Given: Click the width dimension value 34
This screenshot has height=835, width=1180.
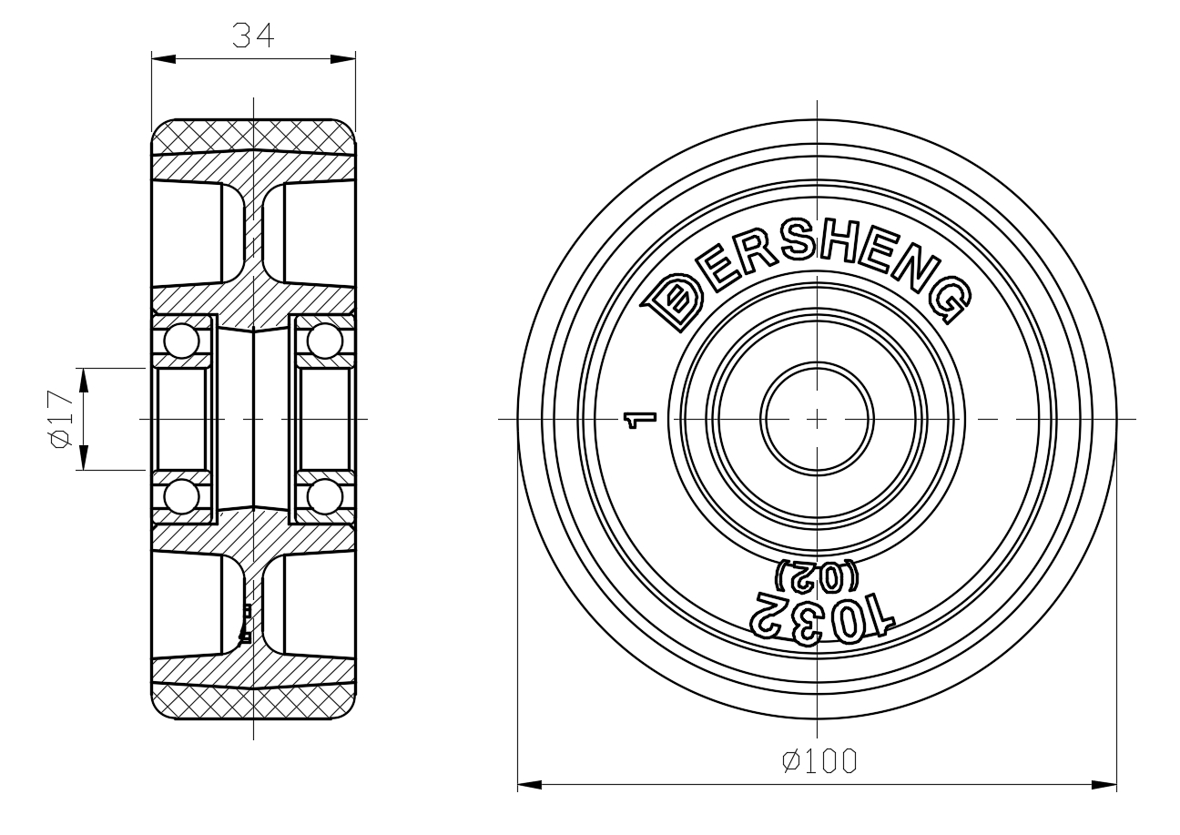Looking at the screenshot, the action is click(x=253, y=36).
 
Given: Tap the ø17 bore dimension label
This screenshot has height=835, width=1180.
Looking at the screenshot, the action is click(x=59, y=419).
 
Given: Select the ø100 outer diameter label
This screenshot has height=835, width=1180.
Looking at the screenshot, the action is click(x=819, y=761).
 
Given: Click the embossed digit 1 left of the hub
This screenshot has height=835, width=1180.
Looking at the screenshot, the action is click(x=640, y=420).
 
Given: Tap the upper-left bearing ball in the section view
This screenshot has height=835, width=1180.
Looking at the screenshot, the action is click(x=182, y=341).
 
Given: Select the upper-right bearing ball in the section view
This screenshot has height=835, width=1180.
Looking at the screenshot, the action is click(x=325, y=341).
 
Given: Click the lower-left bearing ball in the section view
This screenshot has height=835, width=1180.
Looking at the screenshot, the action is click(x=182, y=496).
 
